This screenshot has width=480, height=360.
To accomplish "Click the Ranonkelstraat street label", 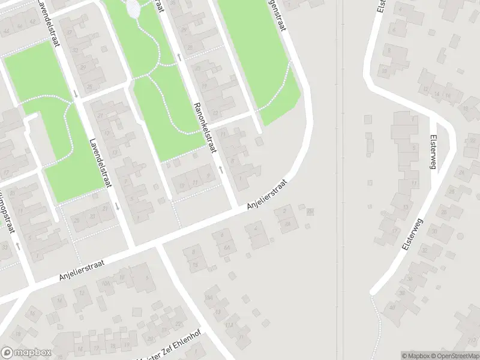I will pyautogui.click(x=204, y=126).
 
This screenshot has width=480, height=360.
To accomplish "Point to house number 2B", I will pyautogui.click(x=310, y=211).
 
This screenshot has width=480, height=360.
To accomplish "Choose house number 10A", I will pyautogui.click(x=106, y=283).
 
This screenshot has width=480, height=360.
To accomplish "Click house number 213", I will pyautogui.click(x=229, y=325).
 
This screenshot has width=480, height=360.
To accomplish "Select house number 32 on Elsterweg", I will pyautogui.click(x=425, y=250).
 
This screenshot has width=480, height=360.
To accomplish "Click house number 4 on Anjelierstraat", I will pyautogui.click(x=257, y=229).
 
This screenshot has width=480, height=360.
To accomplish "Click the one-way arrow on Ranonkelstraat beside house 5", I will pyautogui.click(x=221, y=170).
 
